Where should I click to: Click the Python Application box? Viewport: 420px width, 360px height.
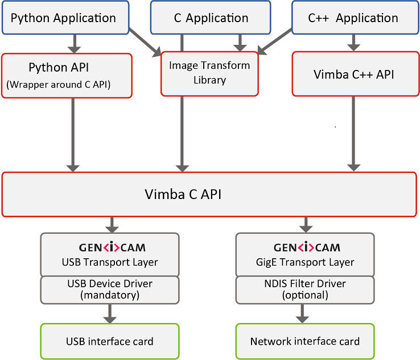pyautogui.click(x=63, y=18)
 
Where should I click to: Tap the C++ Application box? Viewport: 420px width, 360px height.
pyautogui.click(x=353, y=18)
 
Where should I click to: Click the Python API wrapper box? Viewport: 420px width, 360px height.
pyautogui.click(x=67, y=75)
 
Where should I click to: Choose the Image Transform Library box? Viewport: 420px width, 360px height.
pyautogui.click(x=209, y=73)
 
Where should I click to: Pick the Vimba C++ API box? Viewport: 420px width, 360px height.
pyautogui.click(x=353, y=75)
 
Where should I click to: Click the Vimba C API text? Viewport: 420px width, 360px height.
pyautogui.click(x=182, y=195)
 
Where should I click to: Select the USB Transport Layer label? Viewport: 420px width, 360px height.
pyautogui.click(x=109, y=262)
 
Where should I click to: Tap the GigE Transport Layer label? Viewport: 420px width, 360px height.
pyautogui.click(x=306, y=262)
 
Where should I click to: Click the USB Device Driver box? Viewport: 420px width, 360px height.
pyautogui.click(x=109, y=289)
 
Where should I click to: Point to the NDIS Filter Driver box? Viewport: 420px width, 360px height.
pyautogui.click(x=306, y=289)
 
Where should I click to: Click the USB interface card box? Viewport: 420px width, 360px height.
pyautogui.click(x=109, y=341)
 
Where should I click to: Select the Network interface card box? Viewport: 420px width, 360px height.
pyautogui.click(x=305, y=341)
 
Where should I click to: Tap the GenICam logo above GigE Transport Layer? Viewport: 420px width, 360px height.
pyautogui.click(x=306, y=247)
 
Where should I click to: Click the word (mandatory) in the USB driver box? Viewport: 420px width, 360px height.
pyautogui.click(x=109, y=295)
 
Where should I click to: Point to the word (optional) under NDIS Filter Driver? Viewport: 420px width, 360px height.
pyautogui.click(x=306, y=295)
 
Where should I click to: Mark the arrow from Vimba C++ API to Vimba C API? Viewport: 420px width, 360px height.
pyautogui.click(x=353, y=134)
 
